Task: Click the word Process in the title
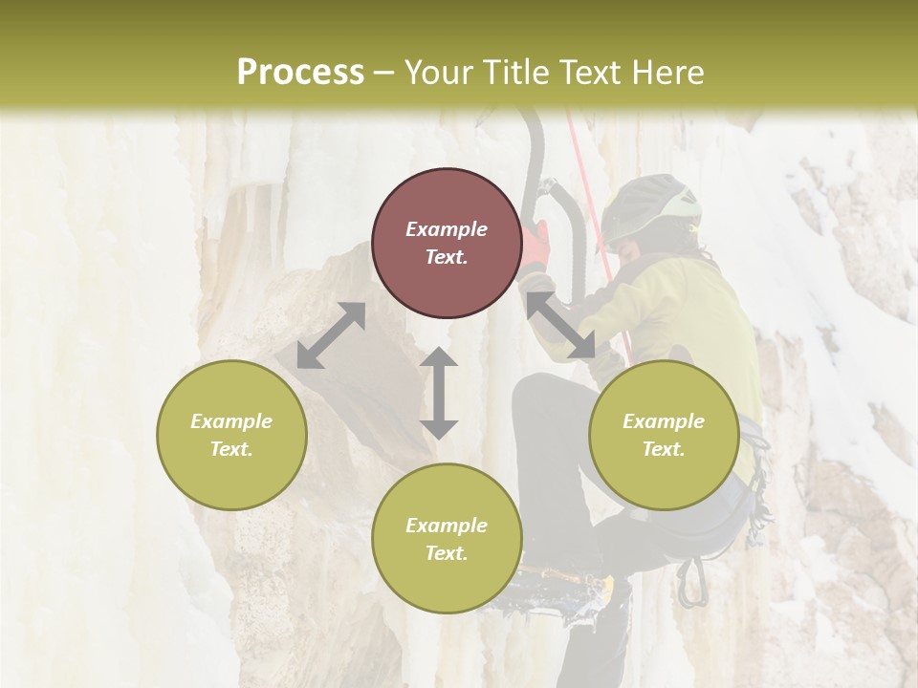click(300, 73)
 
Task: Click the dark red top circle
click(447, 244)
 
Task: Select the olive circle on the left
click(231, 435)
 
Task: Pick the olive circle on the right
click(664, 435)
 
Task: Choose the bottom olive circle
click(447, 538)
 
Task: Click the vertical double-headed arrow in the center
click(439, 393)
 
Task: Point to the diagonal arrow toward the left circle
click(331, 335)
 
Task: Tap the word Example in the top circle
click(447, 229)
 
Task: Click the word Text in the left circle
click(231, 449)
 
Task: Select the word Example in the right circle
click(664, 421)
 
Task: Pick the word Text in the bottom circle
click(447, 553)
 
